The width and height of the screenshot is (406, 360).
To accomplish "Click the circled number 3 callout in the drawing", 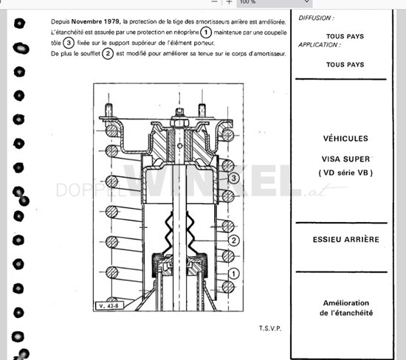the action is click(x=234, y=178).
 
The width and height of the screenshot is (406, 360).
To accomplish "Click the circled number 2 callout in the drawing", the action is click(x=234, y=240).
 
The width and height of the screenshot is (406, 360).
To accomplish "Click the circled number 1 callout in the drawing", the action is click(x=234, y=274).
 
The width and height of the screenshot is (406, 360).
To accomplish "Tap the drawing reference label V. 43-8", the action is click(x=109, y=305).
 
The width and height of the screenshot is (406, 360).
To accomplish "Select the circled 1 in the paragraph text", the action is click(x=206, y=32).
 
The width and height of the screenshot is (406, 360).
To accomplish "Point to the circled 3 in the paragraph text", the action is click(x=69, y=43).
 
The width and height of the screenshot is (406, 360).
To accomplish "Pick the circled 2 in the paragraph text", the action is click(x=108, y=54).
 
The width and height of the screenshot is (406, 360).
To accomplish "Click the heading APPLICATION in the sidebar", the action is click(x=320, y=45).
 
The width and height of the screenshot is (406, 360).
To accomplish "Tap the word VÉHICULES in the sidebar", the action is click(x=345, y=139).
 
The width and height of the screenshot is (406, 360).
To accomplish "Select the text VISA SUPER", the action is click(x=346, y=159).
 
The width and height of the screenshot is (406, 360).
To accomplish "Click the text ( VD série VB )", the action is click(x=345, y=173).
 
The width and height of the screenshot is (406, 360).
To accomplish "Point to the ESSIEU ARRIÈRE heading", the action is click(x=346, y=240).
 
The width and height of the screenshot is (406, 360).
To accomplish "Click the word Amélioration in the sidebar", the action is click(x=346, y=302).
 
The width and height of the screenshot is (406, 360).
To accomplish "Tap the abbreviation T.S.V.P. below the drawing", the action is click(x=270, y=328).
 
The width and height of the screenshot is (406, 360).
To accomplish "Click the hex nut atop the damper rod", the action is click(x=179, y=122).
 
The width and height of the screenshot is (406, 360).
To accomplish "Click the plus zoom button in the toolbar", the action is click(x=229, y=2).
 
